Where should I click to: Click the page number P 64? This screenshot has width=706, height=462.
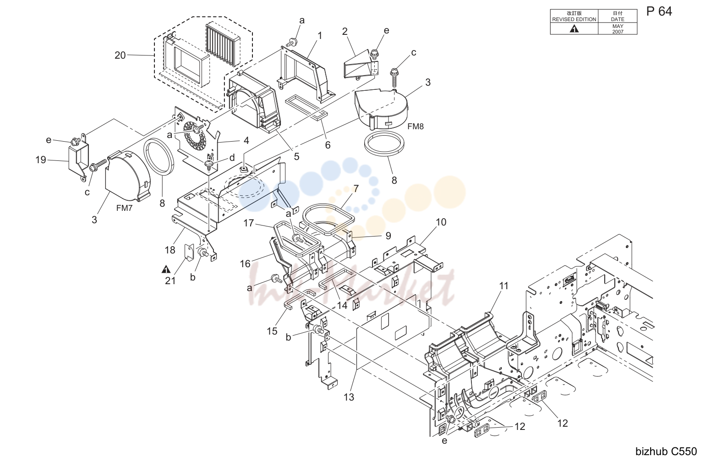point(659,11)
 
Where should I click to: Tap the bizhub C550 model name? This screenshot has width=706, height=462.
point(666,451)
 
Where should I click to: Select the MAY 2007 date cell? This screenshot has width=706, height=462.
point(618,29)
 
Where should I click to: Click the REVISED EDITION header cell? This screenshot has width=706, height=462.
point(574,16)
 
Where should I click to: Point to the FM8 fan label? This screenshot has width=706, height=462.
point(416,126)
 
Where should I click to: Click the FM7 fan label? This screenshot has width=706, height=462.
point(124,208)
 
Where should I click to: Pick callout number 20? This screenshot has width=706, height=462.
point(120,55)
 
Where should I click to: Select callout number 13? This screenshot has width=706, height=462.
point(349,397)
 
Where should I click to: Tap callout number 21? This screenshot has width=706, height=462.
point(170,280)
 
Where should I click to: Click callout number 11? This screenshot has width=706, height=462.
point(504,286)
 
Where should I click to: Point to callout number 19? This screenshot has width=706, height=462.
point(41,160)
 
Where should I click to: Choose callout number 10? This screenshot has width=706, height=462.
point(441,222)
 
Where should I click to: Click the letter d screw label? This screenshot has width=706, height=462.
point(232,157)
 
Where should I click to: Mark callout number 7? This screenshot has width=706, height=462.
point(356,188)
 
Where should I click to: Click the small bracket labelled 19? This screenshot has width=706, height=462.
point(78,160)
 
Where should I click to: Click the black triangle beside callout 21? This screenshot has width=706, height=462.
point(166,269)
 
